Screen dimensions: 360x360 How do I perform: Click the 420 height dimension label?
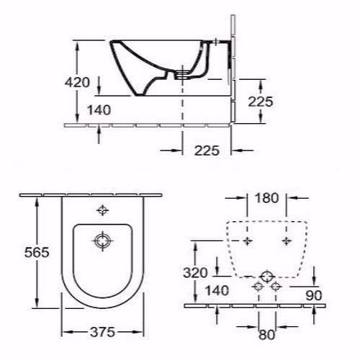[77, 82]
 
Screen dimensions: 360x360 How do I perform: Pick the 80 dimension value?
[266, 333]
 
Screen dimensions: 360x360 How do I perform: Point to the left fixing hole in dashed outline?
[248, 239]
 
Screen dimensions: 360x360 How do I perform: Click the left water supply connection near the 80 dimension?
[258, 287]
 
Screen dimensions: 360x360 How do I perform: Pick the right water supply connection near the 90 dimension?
[274, 287]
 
